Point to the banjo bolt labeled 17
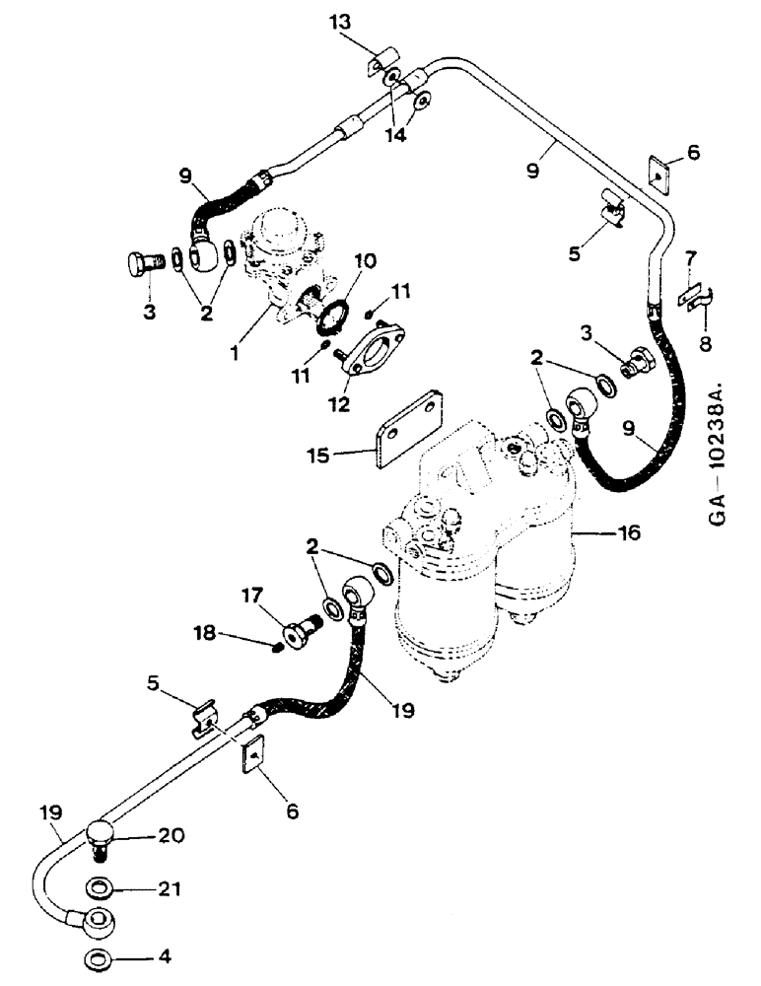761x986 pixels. click(x=299, y=627)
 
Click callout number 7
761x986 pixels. click(x=695, y=258)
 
